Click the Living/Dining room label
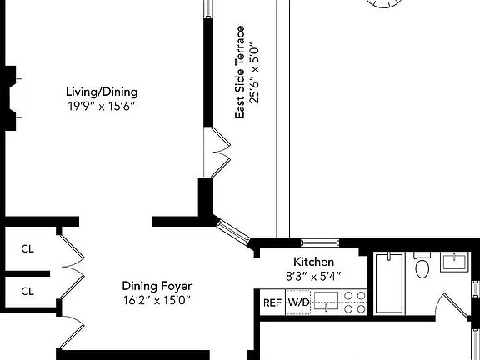click(x=102, y=92)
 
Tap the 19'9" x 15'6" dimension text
click(x=102, y=106)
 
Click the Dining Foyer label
click(x=157, y=285)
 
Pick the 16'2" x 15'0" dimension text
click(x=157, y=299)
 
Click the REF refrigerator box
click(x=272, y=302)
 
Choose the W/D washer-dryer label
click(x=298, y=302)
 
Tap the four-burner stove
click(x=354, y=302)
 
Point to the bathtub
click(x=389, y=283)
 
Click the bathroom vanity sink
click(x=455, y=264)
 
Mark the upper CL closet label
click(x=27, y=248)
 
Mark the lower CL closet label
click(x=27, y=291)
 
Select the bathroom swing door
click(x=454, y=312)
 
